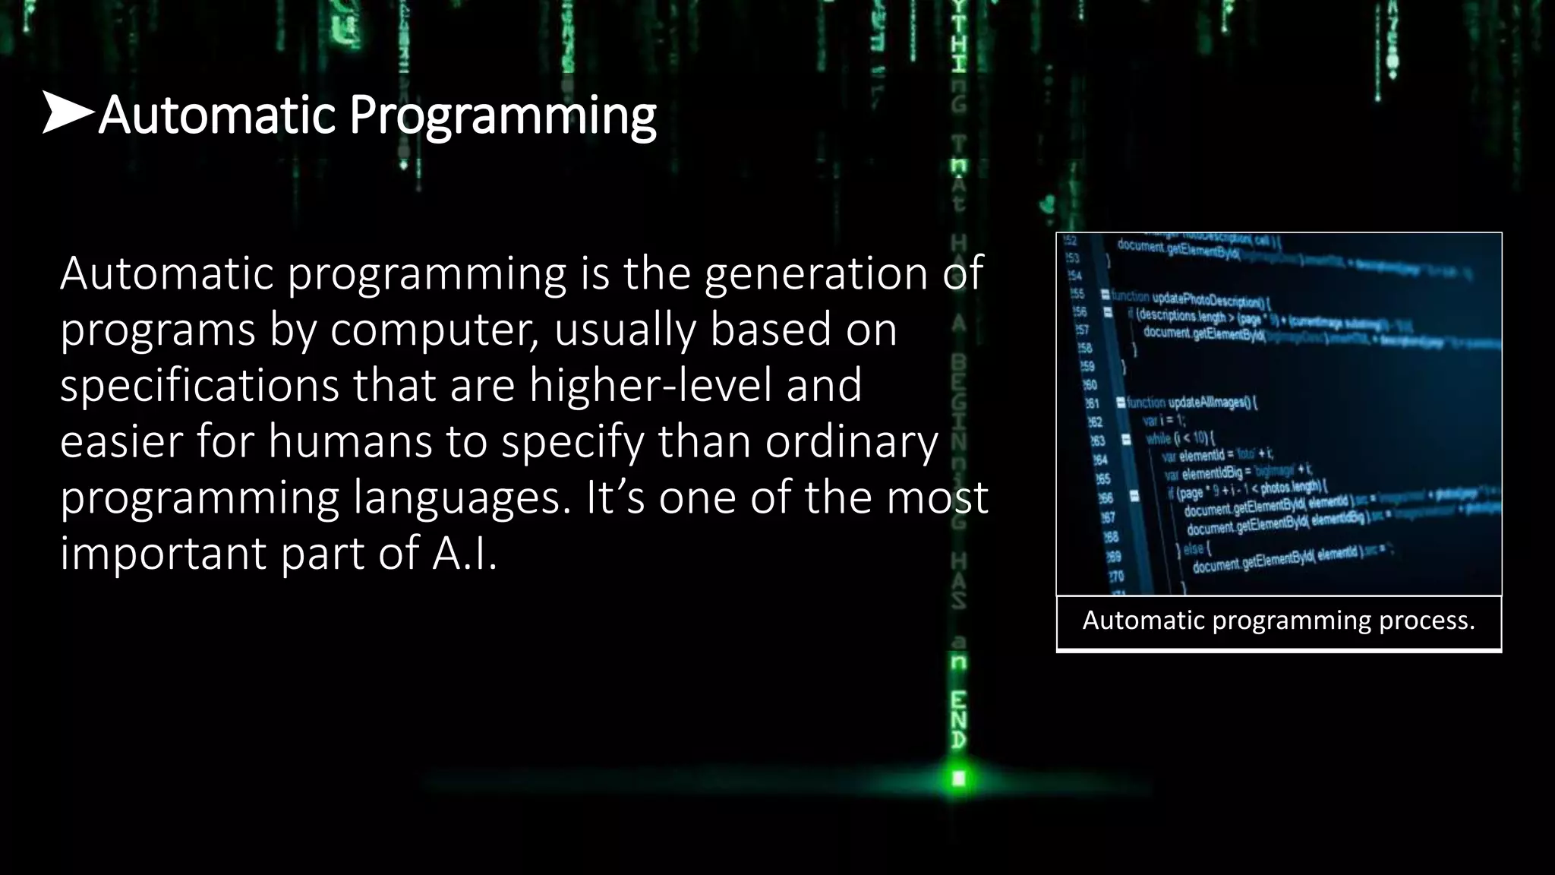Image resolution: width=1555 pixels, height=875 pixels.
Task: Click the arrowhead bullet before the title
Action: (x=67, y=112)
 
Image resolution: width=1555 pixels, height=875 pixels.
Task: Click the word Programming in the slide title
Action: (x=502, y=115)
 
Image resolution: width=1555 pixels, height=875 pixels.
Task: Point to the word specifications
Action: (x=199, y=385)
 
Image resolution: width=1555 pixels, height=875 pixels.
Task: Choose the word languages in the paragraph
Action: (x=462, y=498)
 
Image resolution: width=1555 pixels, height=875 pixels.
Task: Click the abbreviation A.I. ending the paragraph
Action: (x=465, y=553)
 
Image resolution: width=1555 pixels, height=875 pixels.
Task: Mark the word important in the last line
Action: (x=163, y=553)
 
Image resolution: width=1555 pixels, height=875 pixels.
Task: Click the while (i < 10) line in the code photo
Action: (x=1181, y=437)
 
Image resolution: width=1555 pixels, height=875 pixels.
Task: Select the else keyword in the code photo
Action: (x=1194, y=548)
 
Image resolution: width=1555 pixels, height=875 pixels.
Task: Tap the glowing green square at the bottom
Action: (x=959, y=779)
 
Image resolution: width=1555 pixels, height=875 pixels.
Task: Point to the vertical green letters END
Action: (x=959, y=720)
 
